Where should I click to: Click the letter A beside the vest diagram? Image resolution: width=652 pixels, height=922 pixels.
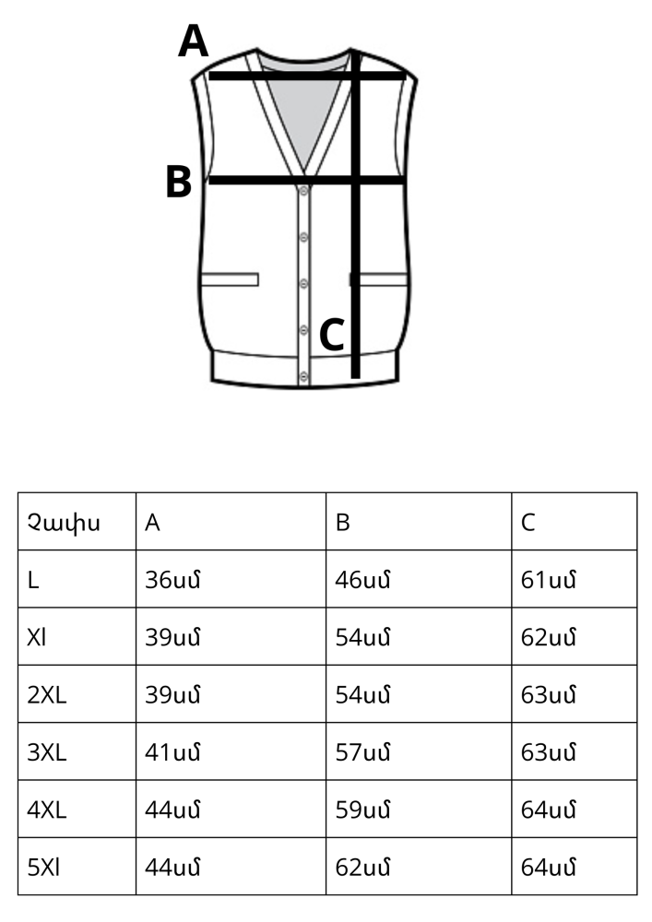tap(194, 41)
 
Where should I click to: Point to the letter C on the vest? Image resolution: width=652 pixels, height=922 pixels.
tap(332, 335)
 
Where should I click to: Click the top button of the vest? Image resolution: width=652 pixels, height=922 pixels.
tap(304, 191)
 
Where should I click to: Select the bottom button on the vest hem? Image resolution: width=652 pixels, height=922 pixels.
tap(304, 376)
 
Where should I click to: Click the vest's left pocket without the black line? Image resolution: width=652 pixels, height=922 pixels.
tap(230, 279)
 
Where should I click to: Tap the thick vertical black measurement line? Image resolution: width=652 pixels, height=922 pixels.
tap(355, 214)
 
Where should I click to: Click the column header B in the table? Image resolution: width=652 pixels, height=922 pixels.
tap(343, 522)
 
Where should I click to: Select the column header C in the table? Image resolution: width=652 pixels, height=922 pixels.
tap(528, 522)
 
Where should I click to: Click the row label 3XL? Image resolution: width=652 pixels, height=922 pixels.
tap(46, 752)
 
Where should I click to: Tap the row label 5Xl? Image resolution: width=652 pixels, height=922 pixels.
tap(43, 868)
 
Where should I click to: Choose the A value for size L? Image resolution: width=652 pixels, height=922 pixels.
tap(172, 580)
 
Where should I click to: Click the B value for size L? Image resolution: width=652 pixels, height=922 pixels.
tap(362, 580)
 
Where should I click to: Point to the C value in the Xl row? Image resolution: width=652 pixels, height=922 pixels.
tap(548, 637)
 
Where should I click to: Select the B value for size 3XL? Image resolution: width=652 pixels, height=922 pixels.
tap(362, 752)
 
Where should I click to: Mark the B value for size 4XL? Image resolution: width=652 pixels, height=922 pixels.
tap(362, 810)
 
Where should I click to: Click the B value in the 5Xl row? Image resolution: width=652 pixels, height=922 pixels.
tap(362, 868)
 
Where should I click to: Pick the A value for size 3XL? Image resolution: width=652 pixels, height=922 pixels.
tap(172, 752)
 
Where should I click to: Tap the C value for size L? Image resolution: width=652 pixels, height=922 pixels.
tap(548, 580)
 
